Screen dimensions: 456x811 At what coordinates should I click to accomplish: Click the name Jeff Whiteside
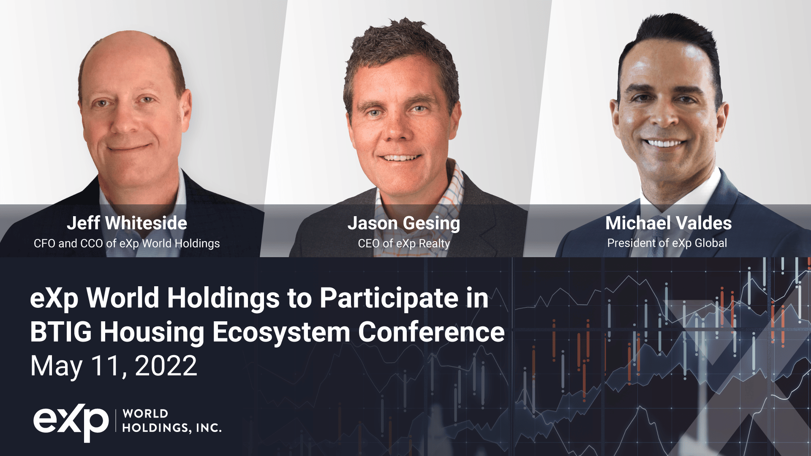point(127,223)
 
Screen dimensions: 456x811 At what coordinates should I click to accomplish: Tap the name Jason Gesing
point(403,223)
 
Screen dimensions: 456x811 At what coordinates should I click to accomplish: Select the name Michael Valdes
point(668,223)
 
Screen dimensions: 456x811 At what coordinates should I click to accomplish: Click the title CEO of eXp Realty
point(404,244)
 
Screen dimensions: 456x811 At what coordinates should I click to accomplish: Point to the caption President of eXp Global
point(667,243)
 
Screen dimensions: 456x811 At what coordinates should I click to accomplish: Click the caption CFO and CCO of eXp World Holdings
point(127,244)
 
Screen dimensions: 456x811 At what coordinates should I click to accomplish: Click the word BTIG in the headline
point(60,332)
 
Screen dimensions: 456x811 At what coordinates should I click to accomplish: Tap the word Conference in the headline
point(431,332)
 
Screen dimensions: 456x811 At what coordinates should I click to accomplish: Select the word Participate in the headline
point(389,298)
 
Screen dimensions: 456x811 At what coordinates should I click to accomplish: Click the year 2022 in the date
point(166,366)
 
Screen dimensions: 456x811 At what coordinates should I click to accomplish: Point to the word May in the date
point(56,366)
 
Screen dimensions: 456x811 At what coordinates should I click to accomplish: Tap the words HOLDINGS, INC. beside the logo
point(172,428)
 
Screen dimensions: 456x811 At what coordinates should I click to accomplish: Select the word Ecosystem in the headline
point(281,332)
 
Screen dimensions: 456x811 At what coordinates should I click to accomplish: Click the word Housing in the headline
point(152,332)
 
